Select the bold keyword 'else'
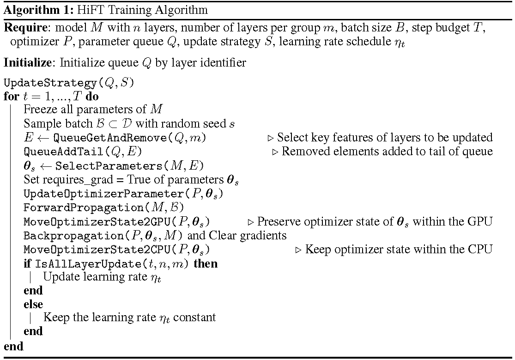pos(33,304)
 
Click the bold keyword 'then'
pos(206,264)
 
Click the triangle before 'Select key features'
pos(271,138)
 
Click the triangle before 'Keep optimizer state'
pos(298,250)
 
